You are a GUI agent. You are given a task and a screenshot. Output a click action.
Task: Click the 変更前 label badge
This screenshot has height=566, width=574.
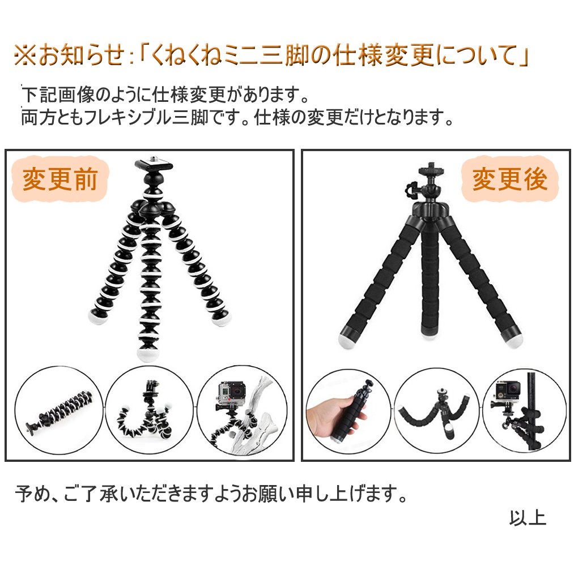click(x=60, y=179)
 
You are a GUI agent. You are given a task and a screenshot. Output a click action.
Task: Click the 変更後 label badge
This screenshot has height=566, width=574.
click(x=509, y=179)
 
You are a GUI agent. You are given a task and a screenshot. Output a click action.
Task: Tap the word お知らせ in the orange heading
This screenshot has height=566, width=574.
click(x=82, y=55)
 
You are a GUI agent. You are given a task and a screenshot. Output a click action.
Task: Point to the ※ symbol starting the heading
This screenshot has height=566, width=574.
click(x=25, y=55)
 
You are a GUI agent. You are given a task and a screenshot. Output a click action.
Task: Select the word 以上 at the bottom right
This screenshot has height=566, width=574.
click(x=528, y=518)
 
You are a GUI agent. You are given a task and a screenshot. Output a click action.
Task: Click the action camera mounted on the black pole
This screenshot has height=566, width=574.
click(x=508, y=393)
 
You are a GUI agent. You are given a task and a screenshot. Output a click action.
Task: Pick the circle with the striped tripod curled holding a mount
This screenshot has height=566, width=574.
click(x=149, y=410)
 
